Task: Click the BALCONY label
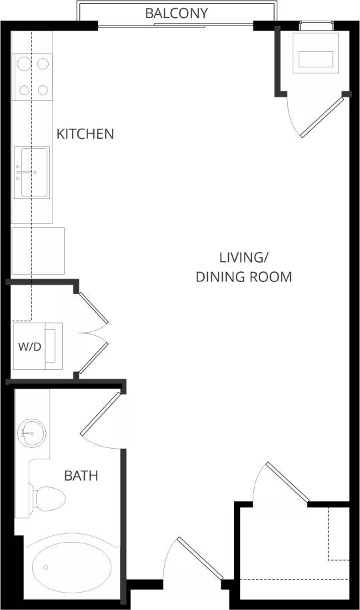(176, 13)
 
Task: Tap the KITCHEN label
(85, 133)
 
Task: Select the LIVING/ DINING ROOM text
(243, 267)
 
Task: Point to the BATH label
(81, 476)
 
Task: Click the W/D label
(29, 347)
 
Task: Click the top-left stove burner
(23, 65)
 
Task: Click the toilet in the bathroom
(48, 497)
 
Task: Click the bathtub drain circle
(46, 567)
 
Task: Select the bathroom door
(101, 413)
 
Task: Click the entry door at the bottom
(199, 557)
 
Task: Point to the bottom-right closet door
(287, 481)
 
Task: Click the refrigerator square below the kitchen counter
(38, 251)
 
